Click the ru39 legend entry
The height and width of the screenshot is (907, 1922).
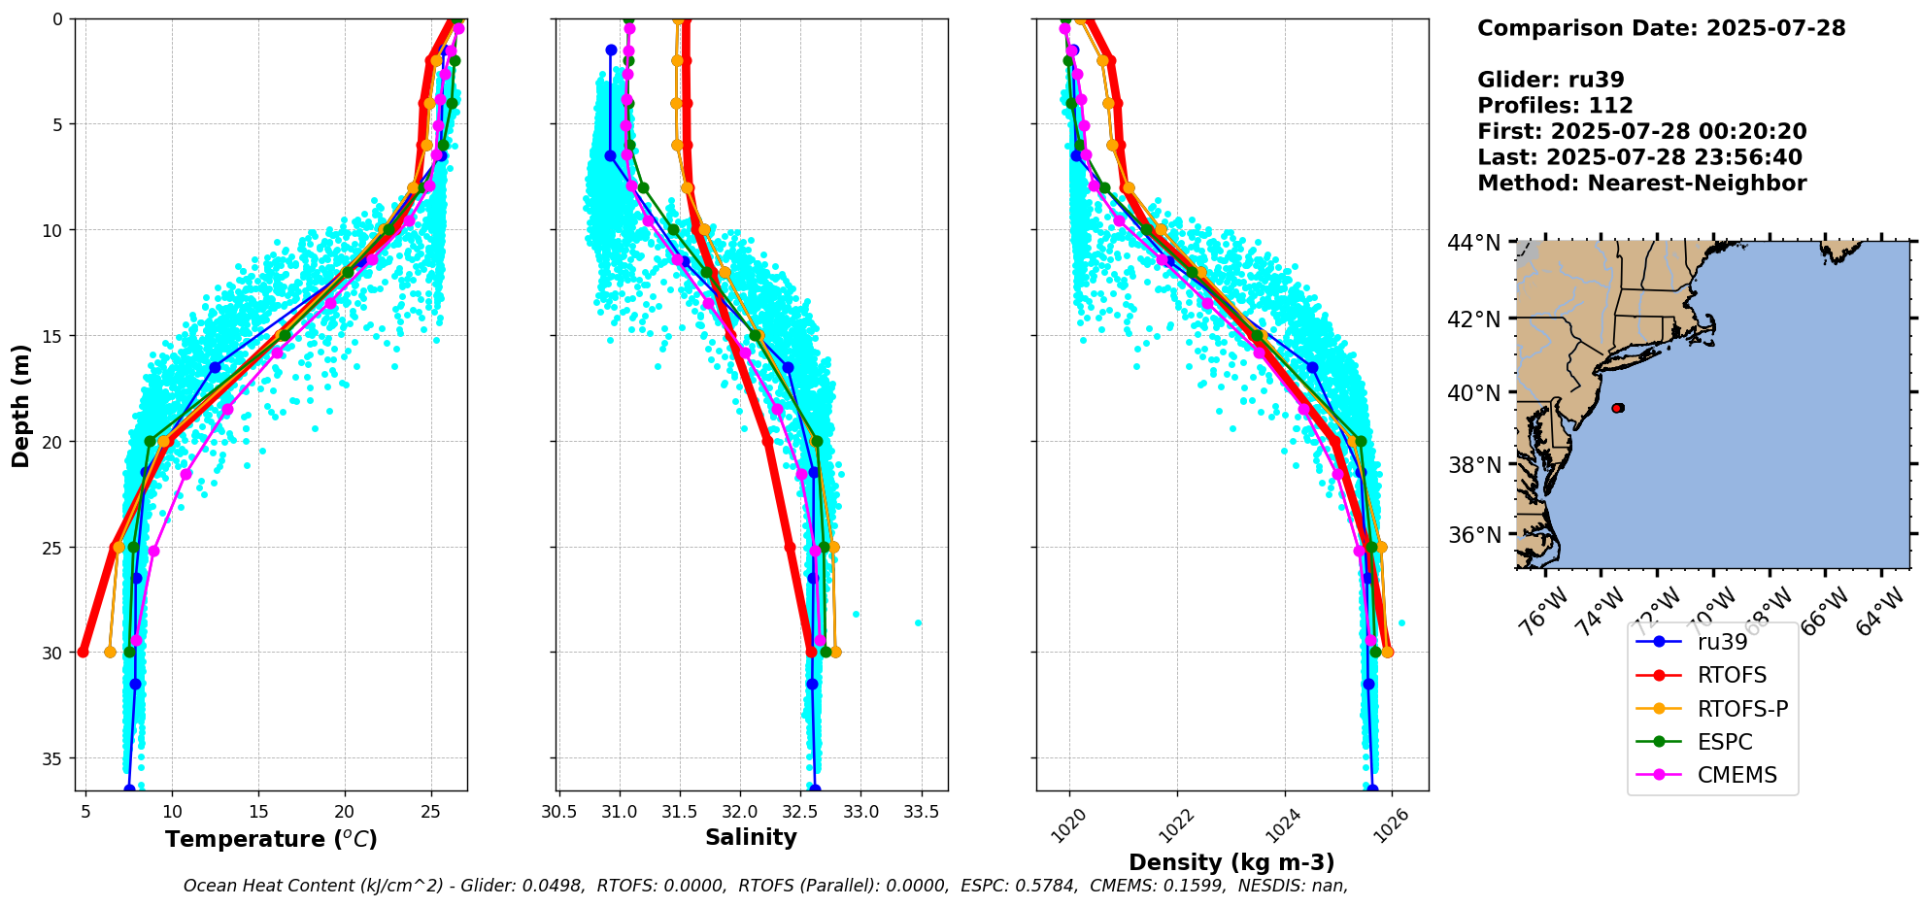[x=1722, y=642]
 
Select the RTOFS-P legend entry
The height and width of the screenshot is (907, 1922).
[x=1742, y=709]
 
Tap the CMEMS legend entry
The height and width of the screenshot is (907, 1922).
[x=1737, y=775]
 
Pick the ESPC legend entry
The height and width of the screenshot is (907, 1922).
[x=1725, y=742]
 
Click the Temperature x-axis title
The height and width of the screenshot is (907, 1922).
[x=271, y=839]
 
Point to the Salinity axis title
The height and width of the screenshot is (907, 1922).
[x=751, y=837]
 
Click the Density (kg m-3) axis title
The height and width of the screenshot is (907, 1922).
[x=1231, y=862]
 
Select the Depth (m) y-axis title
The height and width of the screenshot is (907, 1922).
[x=20, y=405]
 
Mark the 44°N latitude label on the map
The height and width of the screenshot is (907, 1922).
[x=1474, y=243]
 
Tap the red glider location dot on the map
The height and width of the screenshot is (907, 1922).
[x=1617, y=408]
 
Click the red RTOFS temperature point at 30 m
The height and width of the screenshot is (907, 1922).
[x=83, y=652]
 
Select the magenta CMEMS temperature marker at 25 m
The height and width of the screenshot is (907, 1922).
[x=153, y=551]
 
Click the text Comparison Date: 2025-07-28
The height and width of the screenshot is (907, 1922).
[x=1661, y=28]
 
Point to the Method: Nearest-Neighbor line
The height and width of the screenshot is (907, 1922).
[x=1641, y=184]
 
